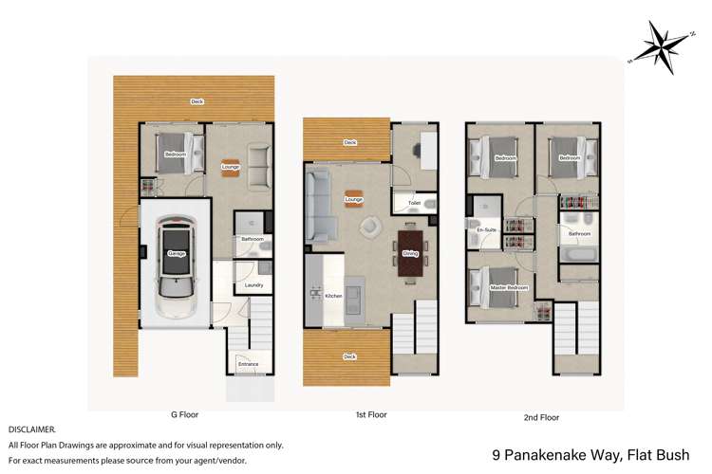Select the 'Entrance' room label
[x=248, y=364]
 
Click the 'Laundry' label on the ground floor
[x=253, y=285]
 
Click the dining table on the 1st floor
[x=410, y=253]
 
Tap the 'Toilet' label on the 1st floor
[x=415, y=203]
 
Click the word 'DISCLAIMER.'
[x=31, y=429]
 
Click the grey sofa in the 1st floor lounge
[x=320, y=203]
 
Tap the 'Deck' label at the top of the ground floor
[x=197, y=101]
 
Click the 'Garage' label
[x=177, y=254]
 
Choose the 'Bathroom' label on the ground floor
[x=253, y=239]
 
